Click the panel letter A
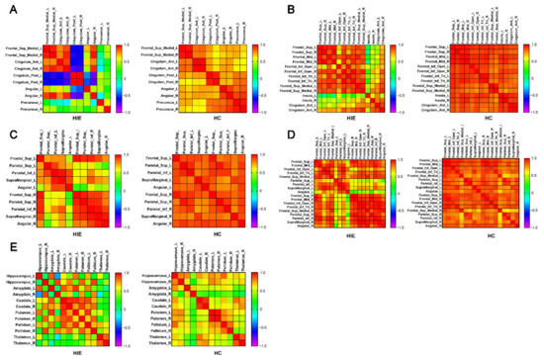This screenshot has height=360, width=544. (x=7, y=9)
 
